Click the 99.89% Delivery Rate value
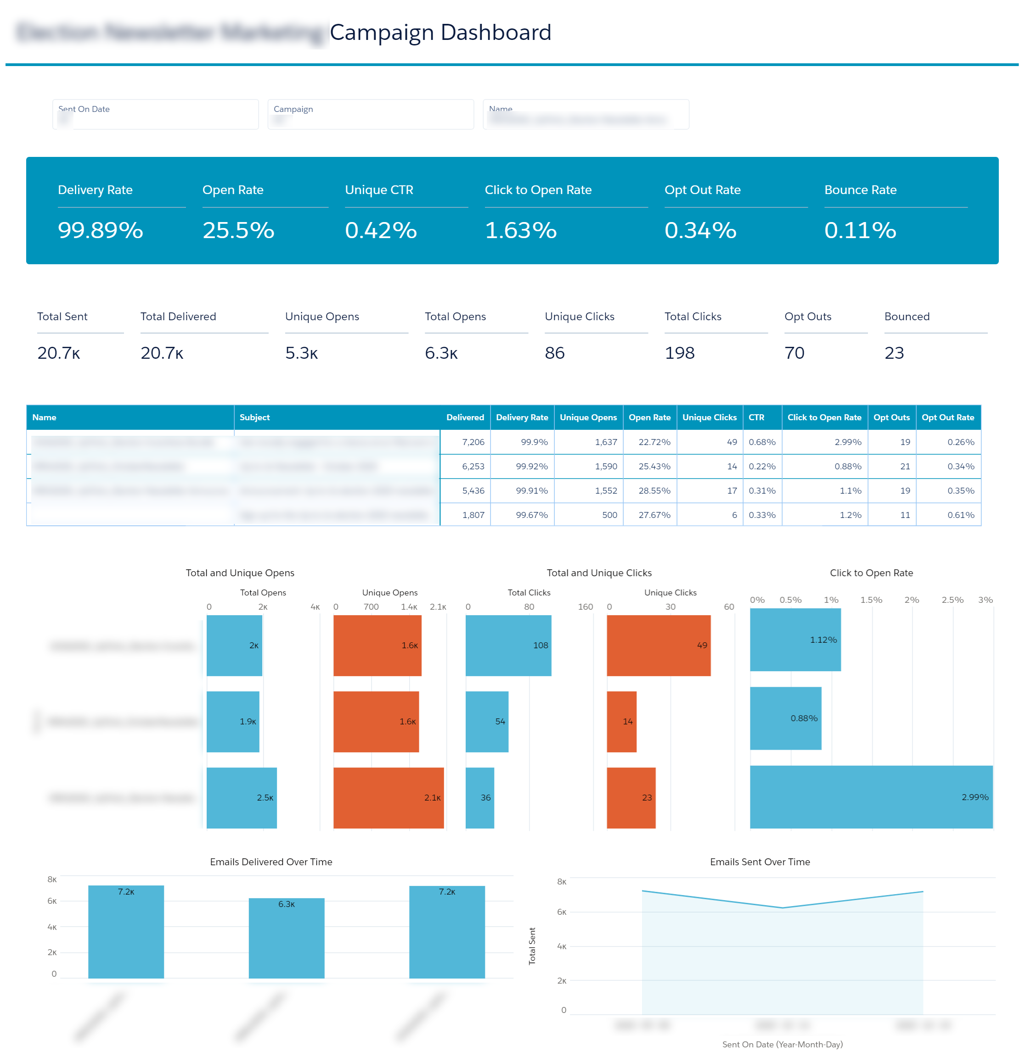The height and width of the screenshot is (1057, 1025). point(101,230)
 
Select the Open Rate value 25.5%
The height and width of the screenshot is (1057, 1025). point(238,230)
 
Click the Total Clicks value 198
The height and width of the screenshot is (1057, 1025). point(679,353)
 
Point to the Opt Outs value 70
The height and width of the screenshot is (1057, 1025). point(794,353)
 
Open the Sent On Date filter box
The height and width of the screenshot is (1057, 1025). point(156,114)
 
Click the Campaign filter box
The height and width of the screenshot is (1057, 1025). point(370,114)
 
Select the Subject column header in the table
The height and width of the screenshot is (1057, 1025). point(255,417)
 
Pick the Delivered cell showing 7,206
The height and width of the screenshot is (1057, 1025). point(473,442)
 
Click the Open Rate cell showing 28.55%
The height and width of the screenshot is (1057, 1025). point(654,491)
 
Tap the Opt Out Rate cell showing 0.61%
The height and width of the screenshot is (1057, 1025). point(960,515)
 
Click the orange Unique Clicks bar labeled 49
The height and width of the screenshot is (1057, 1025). point(658,645)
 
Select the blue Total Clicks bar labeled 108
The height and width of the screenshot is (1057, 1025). point(508,645)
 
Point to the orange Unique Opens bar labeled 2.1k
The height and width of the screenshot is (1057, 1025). point(388,798)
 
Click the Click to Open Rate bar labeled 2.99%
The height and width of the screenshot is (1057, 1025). point(871,797)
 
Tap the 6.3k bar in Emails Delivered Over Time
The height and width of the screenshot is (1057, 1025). point(286,938)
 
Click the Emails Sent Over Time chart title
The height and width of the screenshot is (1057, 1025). point(760,862)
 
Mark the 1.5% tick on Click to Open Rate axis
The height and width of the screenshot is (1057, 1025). point(871,600)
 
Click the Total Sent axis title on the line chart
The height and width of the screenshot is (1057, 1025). point(532,946)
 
